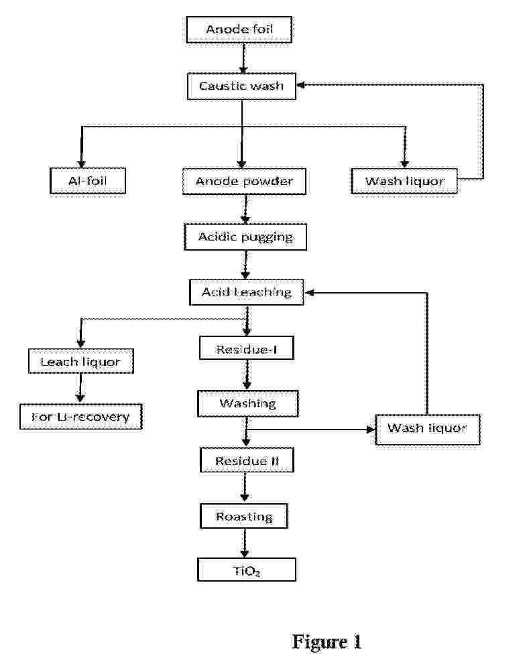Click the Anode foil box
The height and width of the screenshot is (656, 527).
pyautogui.click(x=239, y=29)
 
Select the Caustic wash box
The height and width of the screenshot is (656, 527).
pyautogui.click(x=241, y=86)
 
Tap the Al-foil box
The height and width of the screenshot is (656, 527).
pyautogui.click(x=88, y=181)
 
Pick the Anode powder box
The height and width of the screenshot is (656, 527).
pyautogui.click(x=245, y=182)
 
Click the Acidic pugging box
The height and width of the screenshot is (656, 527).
pyautogui.click(x=245, y=237)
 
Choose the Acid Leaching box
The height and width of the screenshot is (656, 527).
pyautogui.click(x=247, y=292)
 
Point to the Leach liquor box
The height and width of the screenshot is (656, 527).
pyautogui.click(x=81, y=361)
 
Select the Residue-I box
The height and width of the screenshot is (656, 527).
pyautogui.click(x=247, y=348)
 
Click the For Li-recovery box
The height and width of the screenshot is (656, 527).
pyautogui.click(x=80, y=417)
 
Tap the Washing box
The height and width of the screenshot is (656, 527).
pyautogui.click(x=248, y=404)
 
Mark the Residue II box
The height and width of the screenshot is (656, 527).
pyautogui.click(x=247, y=460)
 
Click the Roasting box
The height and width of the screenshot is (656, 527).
pyautogui.click(x=245, y=516)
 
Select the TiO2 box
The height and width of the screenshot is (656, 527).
pyautogui.click(x=247, y=570)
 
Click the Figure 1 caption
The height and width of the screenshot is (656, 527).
pyautogui.click(x=327, y=641)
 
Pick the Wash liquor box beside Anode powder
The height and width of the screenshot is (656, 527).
pyautogui.click(x=404, y=181)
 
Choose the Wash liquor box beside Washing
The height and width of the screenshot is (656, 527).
pyautogui.click(x=428, y=430)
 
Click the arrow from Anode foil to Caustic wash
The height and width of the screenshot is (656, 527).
pyautogui.click(x=243, y=58)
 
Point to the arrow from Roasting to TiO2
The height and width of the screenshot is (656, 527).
pyautogui.click(x=245, y=543)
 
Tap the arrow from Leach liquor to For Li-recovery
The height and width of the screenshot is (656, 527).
pyautogui.click(x=80, y=389)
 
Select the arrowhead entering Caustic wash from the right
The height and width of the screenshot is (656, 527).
pyautogui.click(x=300, y=85)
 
